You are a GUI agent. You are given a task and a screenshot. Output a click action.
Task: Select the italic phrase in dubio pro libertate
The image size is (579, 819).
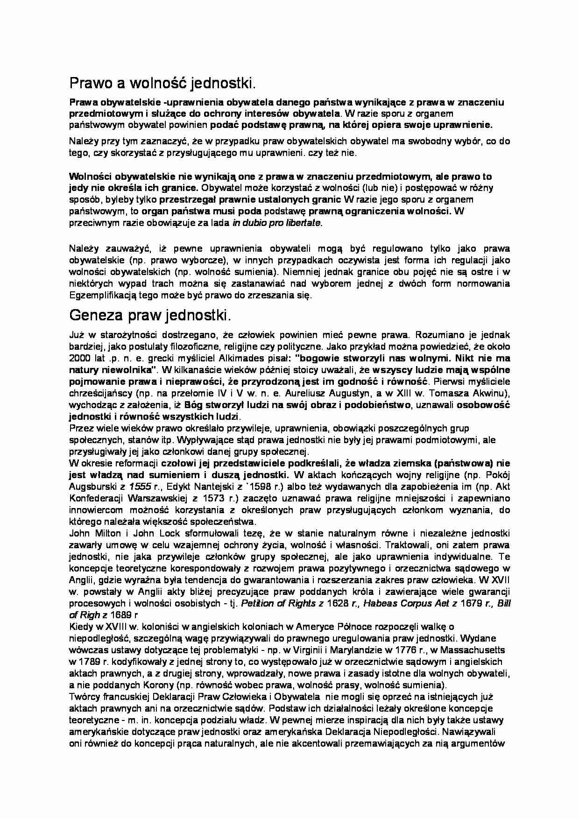(277, 223)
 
